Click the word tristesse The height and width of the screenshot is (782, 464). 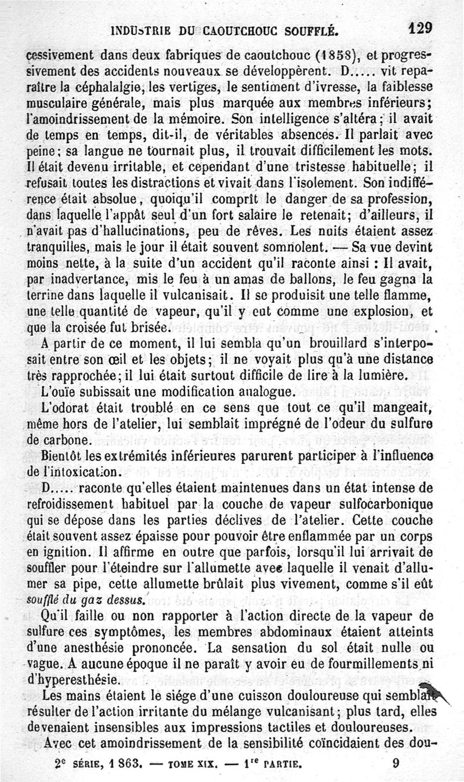[320, 168]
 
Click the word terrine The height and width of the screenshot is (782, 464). [46, 294]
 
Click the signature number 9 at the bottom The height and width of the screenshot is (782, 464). [396, 763]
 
